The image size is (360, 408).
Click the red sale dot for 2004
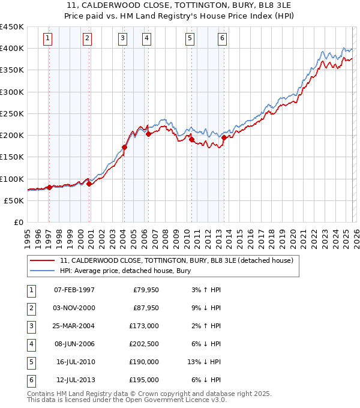[x=125, y=147]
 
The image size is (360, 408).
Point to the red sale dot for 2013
[x=224, y=137]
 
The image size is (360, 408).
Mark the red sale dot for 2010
[x=192, y=140]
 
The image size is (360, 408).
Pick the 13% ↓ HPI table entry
[x=205, y=362]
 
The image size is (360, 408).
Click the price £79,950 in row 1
[x=146, y=290]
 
